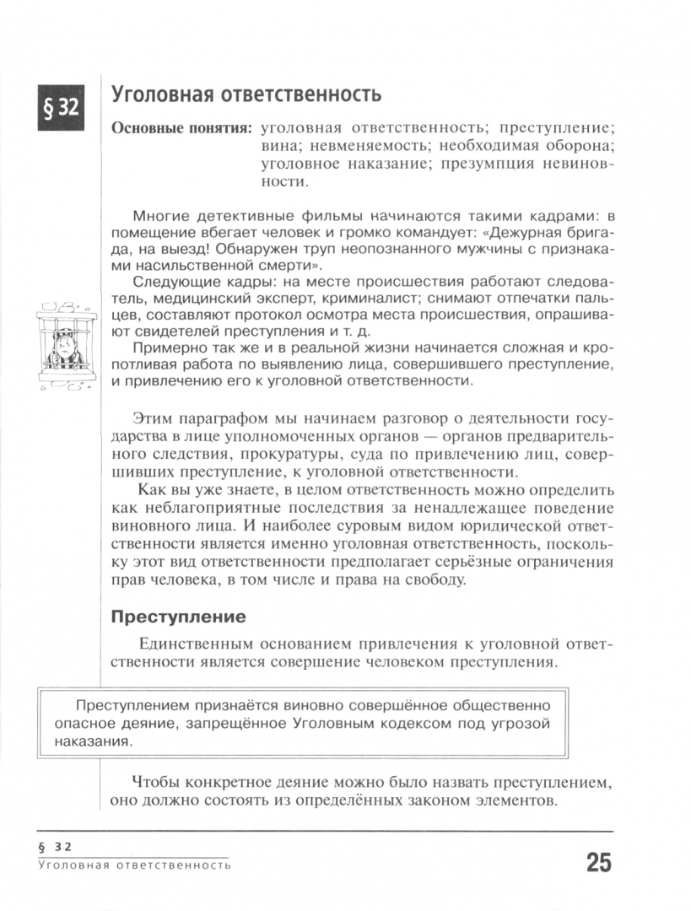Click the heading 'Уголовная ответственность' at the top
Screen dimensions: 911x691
click(x=246, y=94)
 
